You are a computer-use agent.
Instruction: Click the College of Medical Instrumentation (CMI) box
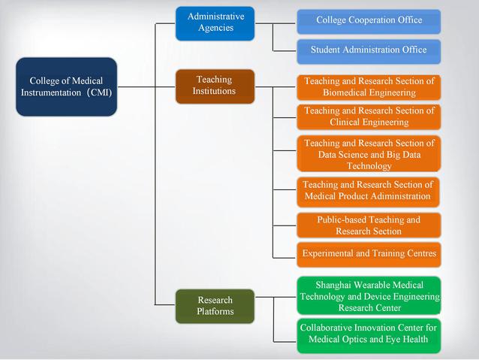pos(66,86)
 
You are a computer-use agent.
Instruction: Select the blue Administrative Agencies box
pos(215,23)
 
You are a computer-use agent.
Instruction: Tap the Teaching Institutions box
pos(215,86)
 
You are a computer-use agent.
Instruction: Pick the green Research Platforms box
pos(215,305)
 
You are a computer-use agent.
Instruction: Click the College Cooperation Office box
pos(369,20)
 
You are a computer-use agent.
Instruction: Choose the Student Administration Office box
pos(369,50)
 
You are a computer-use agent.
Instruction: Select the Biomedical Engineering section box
pos(369,86)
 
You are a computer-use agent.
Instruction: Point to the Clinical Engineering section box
pos(369,116)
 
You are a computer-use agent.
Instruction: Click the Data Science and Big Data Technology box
pos(369,154)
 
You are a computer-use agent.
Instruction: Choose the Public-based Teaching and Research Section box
pos(369,225)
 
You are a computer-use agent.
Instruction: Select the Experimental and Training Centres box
pos(369,254)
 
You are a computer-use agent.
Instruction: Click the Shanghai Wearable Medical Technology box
pos(369,295)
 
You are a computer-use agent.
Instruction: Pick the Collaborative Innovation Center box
pos(369,334)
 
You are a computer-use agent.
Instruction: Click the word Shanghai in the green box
pos(335,285)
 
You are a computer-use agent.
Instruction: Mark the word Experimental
pos(330,254)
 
